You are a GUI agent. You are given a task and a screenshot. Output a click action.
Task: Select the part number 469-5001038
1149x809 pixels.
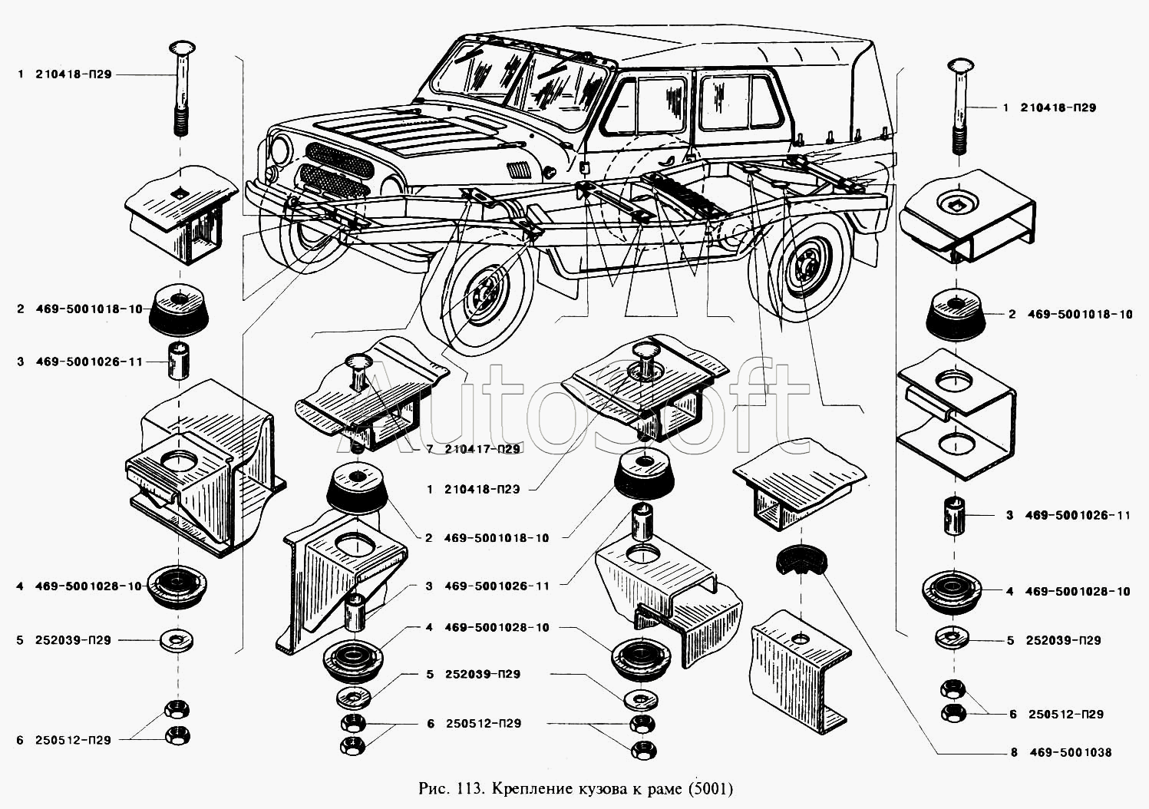click(1068, 753)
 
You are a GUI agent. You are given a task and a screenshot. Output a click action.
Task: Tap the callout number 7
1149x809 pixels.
click(430, 449)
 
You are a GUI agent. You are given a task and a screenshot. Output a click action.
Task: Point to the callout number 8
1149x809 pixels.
click(1014, 753)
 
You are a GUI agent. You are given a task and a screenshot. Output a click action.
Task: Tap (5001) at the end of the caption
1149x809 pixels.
click(710, 788)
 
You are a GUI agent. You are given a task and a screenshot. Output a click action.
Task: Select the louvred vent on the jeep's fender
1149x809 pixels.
click(517, 168)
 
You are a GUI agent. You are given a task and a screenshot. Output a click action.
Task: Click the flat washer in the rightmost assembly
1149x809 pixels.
click(953, 639)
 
